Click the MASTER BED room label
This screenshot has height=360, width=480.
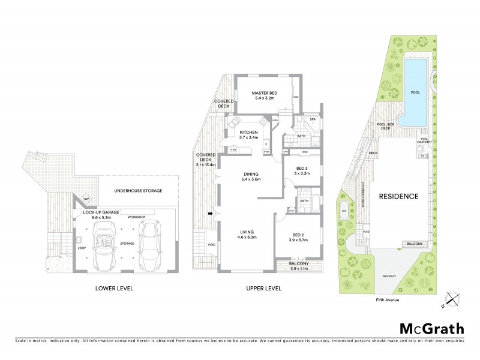(x=264, y=92)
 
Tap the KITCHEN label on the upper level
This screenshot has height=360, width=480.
(x=248, y=132)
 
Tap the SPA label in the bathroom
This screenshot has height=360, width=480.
(x=313, y=120)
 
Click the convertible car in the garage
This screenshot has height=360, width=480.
(x=106, y=242)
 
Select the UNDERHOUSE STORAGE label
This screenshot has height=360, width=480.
(x=139, y=190)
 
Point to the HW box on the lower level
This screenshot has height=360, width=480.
(x=86, y=199)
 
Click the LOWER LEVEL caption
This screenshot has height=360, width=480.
(x=114, y=289)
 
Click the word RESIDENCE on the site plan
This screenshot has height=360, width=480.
(x=398, y=196)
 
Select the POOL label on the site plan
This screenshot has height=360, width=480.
(x=415, y=92)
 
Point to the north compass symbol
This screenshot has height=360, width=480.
(x=454, y=301)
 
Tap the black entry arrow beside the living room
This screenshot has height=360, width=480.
(x=211, y=212)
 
